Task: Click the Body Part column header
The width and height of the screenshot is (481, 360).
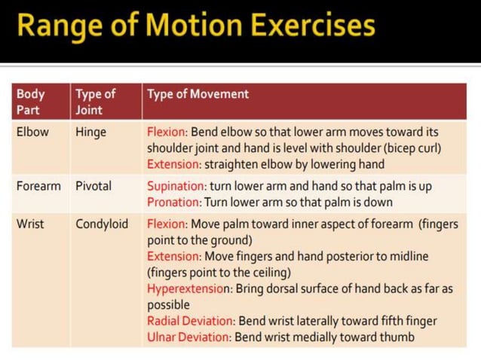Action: (x=31, y=102)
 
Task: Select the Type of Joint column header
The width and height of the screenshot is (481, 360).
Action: (x=95, y=102)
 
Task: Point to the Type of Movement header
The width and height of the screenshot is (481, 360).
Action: (x=198, y=95)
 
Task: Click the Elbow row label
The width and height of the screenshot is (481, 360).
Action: (x=32, y=132)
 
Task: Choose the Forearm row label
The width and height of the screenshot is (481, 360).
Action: (x=38, y=185)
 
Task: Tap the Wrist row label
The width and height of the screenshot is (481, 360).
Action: (x=31, y=224)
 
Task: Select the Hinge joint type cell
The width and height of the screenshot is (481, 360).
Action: (x=91, y=132)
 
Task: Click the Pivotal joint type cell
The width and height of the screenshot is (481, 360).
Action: (x=93, y=185)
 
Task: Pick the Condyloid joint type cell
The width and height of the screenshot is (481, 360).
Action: (x=102, y=224)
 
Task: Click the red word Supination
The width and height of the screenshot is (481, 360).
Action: (x=176, y=186)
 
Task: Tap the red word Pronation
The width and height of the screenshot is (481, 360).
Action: (x=173, y=202)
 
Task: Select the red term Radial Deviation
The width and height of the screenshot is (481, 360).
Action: (x=191, y=322)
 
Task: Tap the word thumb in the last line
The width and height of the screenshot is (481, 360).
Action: (x=397, y=337)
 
